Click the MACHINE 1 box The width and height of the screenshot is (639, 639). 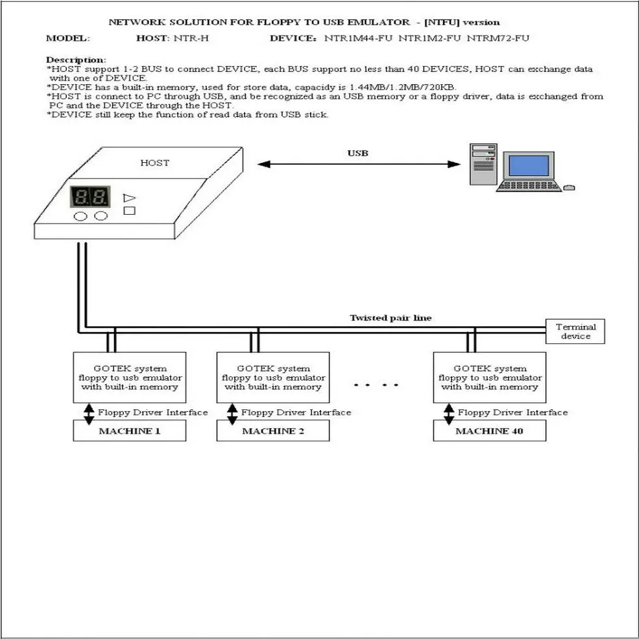point(130,431)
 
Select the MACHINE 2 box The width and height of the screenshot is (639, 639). point(273,431)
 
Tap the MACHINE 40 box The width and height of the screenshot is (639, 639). point(489,431)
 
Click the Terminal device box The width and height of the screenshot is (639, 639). point(575,332)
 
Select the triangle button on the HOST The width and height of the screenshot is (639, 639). point(128,198)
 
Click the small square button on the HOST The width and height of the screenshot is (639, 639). point(128,210)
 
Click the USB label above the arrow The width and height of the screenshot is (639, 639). point(357,154)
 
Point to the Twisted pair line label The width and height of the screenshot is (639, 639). point(391,318)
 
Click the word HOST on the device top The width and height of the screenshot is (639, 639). point(154,163)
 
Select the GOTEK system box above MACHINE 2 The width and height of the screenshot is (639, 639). point(273,378)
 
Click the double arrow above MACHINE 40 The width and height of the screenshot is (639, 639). point(448,413)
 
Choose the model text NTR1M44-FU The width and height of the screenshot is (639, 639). point(359,38)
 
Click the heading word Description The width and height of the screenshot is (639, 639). point(76,60)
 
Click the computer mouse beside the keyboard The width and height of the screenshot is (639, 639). point(569,187)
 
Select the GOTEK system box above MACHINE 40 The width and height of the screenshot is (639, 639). point(489,378)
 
